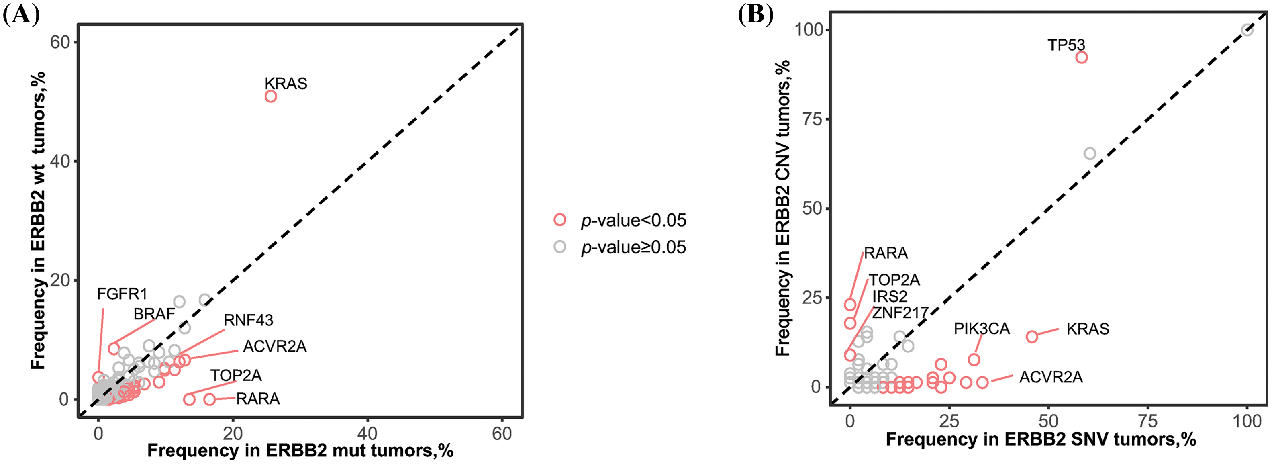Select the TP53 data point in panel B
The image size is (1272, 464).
(1081, 57)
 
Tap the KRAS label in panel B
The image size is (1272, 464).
(1087, 329)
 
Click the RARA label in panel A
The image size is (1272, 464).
(258, 399)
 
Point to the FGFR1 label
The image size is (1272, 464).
(122, 294)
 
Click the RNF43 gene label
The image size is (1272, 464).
(248, 320)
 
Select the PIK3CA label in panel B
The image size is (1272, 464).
(981, 329)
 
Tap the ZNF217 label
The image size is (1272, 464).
(900, 313)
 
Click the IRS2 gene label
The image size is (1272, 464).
(890, 296)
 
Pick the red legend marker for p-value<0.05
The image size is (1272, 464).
(559, 219)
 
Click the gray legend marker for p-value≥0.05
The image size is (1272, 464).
(559, 247)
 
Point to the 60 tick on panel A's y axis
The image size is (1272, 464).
(60, 42)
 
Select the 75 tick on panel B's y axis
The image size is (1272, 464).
(811, 119)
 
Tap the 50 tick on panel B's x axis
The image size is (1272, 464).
(1048, 421)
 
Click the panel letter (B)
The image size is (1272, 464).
(755, 15)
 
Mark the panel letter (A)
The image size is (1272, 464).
(21, 15)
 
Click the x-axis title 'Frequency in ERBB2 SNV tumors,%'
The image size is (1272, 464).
(1040, 439)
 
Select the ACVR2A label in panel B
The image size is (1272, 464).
(1051, 378)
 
